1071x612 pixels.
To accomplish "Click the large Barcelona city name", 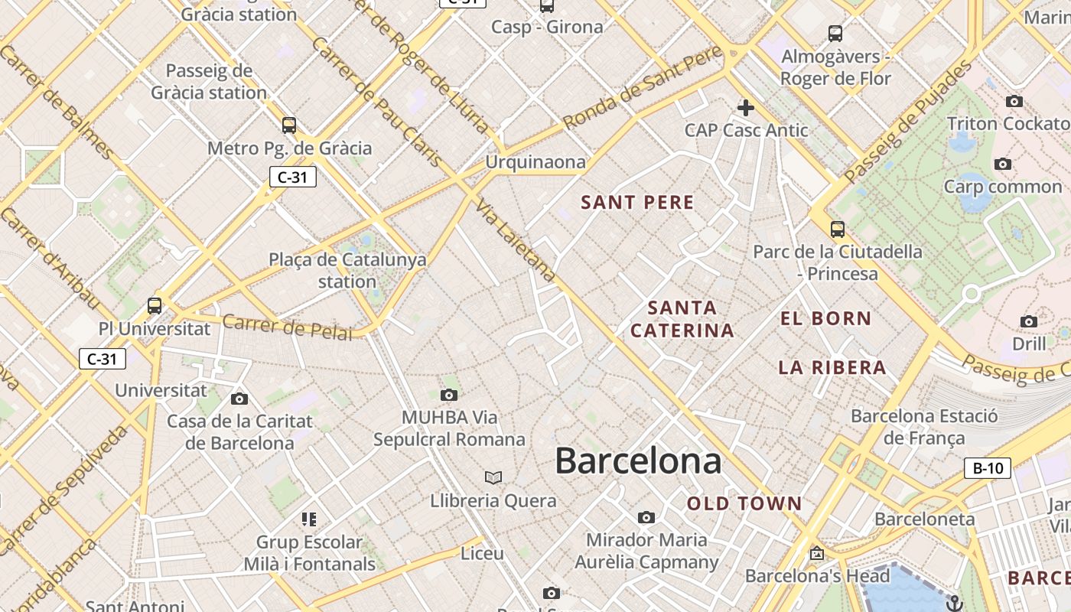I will pyautogui.click(x=637, y=461).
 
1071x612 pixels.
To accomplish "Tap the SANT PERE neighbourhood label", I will pyautogui.click(x=637, y=203).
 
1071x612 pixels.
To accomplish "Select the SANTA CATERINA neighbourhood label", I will pyautogui.click(x=682, y=319).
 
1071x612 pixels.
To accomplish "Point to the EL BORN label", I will pyautogui.click(x=825, y=319).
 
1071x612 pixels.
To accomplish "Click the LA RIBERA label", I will pyautogui.click(x=832, y=368).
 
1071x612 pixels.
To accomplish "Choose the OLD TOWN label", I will pyautogui.click(x=744, y=503).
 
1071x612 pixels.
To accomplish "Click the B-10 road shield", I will pyautogui.click(x=987, y=468).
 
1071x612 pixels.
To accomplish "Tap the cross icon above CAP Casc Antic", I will pyautogui.click(x=746, y=108).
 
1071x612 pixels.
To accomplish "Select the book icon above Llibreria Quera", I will pyautogui.click(x=493, y=478).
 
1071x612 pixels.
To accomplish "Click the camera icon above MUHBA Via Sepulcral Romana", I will pyautogui.click(x=449, y=395).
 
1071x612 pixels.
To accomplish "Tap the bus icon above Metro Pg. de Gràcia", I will pyautogui.click(x=289, y=125).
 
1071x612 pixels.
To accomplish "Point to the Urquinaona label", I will pyautogui.click(x=535, y=162).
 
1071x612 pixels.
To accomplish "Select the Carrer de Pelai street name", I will pyautogui.click(x=288, y=327).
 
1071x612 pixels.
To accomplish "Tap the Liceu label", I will pyautogui.click(x=482, y=553).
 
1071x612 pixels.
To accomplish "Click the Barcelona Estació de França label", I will pyautogui.click(x=924, y=427).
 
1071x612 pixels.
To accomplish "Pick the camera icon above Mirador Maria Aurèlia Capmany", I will pyautogui.click(x=646, y=518).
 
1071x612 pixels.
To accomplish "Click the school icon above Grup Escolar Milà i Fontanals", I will pyautogui.click(x=309, y=520).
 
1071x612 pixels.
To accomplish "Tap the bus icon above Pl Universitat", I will pyautogui.click(x=155, y=306).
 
